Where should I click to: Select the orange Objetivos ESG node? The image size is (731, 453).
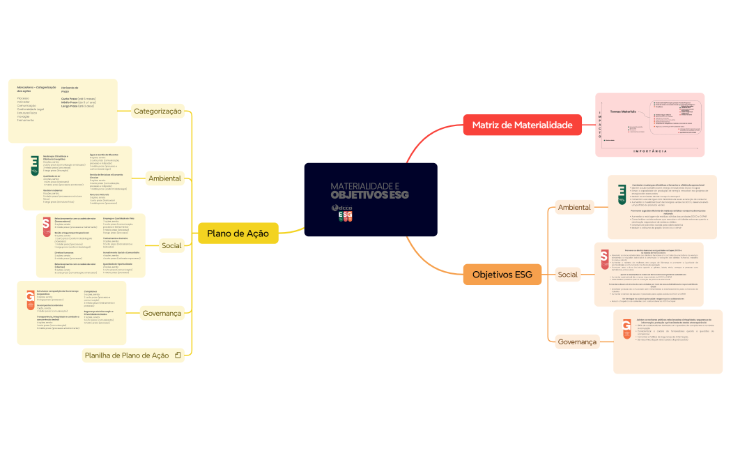[502, 275]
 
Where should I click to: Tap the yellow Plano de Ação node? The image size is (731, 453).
[238, 233]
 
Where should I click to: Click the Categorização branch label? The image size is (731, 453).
[157, 111]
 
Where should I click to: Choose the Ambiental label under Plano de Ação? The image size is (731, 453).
[164, 178]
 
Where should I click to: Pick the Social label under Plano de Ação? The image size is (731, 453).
[171, 245]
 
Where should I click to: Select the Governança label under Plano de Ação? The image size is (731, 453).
[162, 314]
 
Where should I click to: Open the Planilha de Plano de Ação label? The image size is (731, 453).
[127, 355]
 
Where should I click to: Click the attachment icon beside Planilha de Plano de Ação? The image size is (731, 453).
[178, 355]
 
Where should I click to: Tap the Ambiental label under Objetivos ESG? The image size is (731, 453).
[574, 207]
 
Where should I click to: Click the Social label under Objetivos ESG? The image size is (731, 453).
[568, 275]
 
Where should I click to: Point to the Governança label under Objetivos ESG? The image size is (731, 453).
[578, 342]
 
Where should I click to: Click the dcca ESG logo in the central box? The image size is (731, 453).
[344, 213]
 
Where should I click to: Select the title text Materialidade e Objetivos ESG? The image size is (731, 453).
[369, 190]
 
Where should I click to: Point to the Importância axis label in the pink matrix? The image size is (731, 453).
[649, 151]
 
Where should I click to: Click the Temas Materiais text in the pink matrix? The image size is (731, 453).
[624, 112]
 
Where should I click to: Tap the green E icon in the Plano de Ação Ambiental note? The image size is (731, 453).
[34, 164]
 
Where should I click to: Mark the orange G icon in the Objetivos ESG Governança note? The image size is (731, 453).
[626, 329]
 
